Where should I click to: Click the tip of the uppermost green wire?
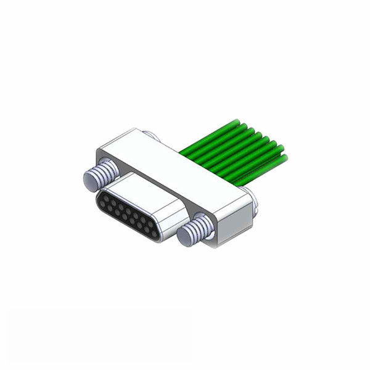tap(237, 121)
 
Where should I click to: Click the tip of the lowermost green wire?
tap(284, 158)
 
